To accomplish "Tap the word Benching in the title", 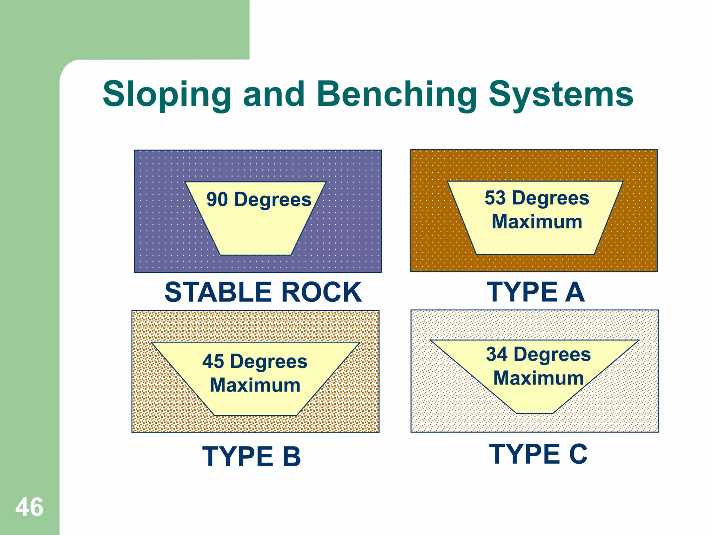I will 397,94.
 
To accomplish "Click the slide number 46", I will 29,507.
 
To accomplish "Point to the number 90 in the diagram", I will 217,200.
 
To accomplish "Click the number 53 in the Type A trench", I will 495,198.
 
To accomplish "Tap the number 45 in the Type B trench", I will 213,361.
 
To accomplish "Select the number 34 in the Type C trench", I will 496,354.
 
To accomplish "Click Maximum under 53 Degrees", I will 537,222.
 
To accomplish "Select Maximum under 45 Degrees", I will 255,385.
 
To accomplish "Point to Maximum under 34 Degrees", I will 539,378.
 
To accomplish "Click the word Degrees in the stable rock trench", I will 273,200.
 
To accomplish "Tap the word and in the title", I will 274,94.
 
